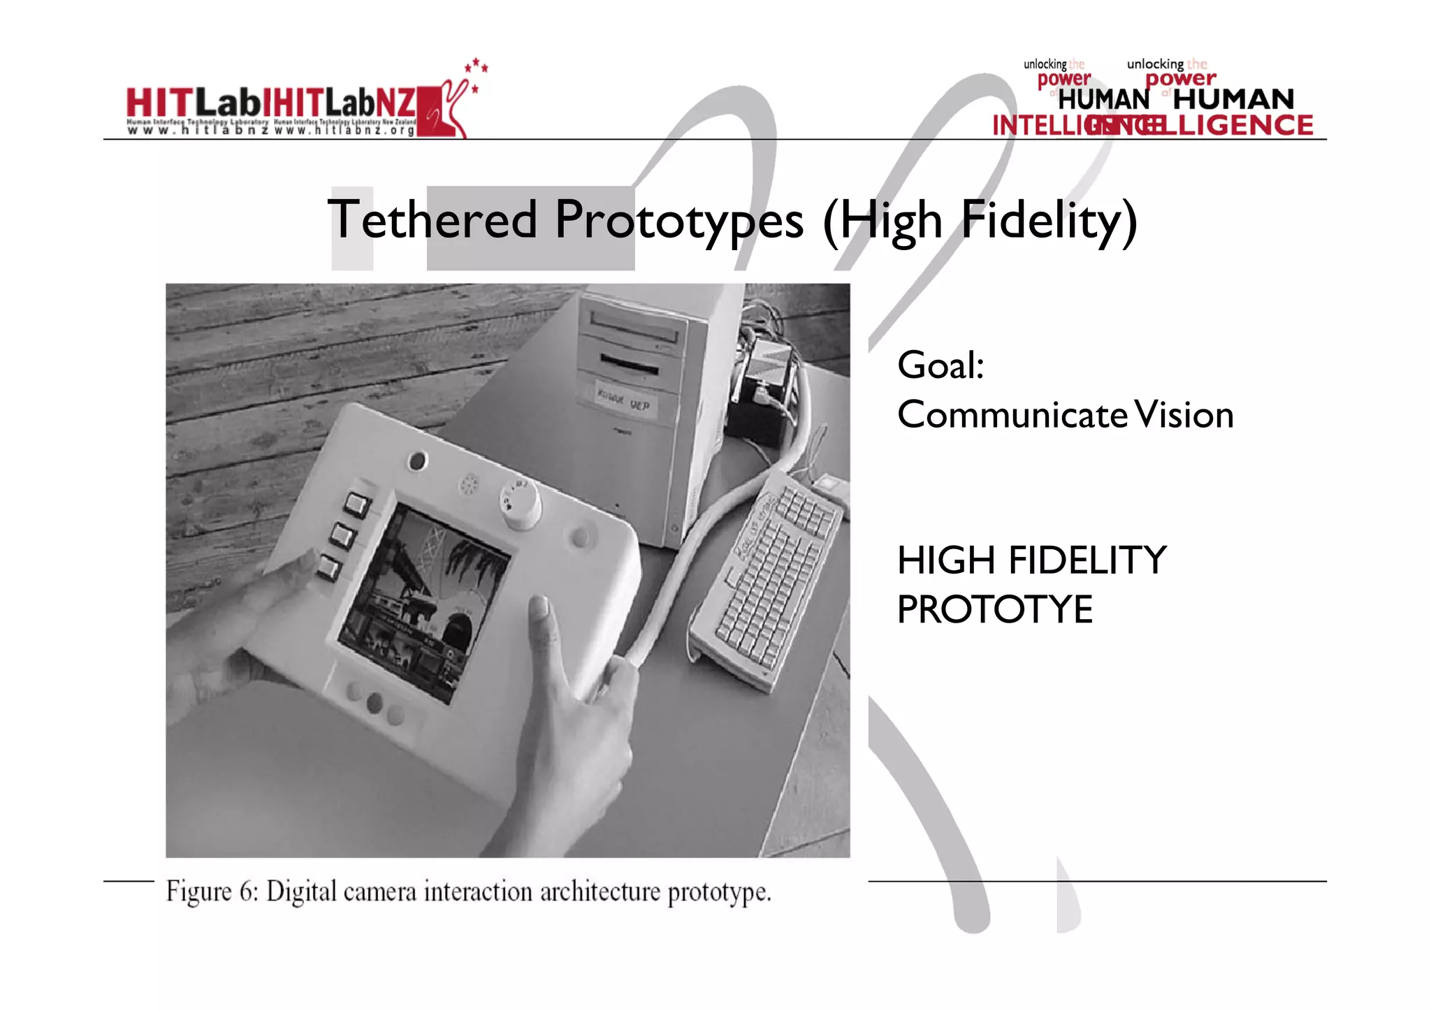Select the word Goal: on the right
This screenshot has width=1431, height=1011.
click(x=940, y=365)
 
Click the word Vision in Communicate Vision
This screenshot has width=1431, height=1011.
click(x=1184, y=415)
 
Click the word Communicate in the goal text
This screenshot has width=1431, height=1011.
click(x=1012, y=415)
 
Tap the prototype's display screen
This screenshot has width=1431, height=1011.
click(x=422, y=601)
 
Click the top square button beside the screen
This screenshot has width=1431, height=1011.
click(x=356, y=504)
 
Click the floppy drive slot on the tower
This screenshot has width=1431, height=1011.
click(x=630, y=364)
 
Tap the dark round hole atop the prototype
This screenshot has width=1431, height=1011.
click(x=417, y=461)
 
